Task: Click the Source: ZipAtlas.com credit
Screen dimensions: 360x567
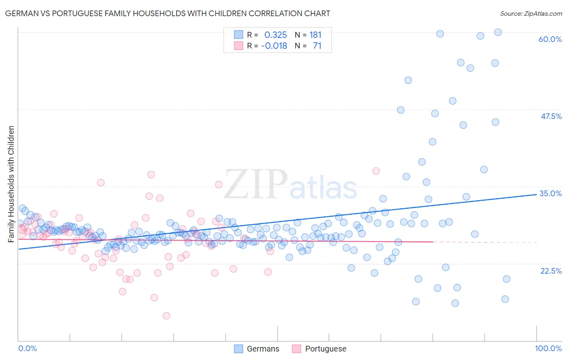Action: [531, 13]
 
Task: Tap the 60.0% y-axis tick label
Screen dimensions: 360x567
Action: [550, 39]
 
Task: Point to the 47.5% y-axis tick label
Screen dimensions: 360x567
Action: [551, 116]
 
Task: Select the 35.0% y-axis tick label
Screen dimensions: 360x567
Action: [550, 193]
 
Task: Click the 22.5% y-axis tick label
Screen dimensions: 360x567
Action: [551, 271]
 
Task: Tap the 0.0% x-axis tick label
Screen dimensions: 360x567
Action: [27, 348]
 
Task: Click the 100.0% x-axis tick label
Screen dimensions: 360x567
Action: [548, 348]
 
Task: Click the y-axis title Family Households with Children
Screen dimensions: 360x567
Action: [11, 184]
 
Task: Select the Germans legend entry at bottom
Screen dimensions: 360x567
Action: [257, 349]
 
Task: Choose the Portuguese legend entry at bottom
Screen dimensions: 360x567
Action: [319, 349]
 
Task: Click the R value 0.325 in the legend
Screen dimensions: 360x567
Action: [275, 35]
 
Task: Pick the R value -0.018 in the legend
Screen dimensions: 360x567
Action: [274, 46]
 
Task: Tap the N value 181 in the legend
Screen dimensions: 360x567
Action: [315, 35]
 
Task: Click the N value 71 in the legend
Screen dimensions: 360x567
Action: [317, 46]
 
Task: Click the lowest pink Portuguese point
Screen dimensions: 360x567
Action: [166, 316]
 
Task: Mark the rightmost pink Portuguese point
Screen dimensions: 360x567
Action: [376, 171]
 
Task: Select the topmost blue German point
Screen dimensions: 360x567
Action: [498, 32]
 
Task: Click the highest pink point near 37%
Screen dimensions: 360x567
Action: [151, 174]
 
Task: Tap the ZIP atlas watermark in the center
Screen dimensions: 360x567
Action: [290, 185]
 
